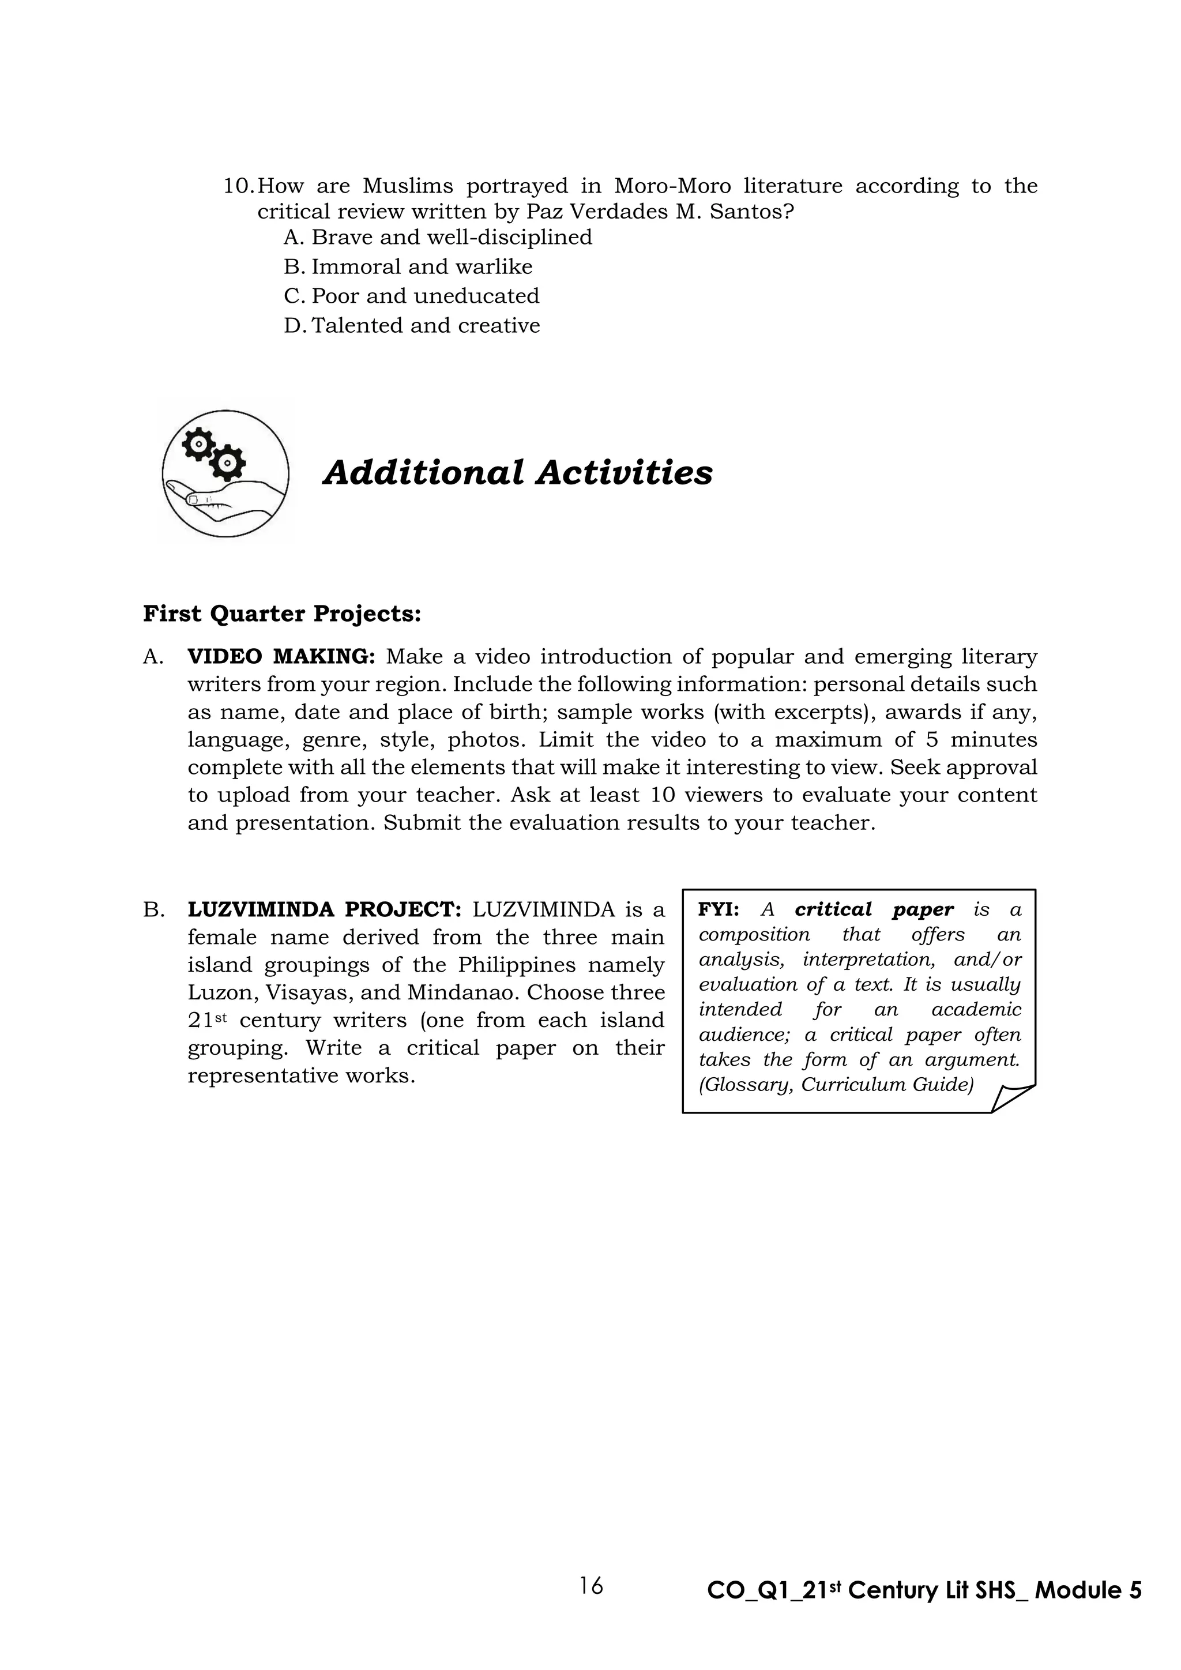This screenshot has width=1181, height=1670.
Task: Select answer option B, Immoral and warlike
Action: (421, 267)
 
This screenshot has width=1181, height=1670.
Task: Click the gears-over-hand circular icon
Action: (225, 473)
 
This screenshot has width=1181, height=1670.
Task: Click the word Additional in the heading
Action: (423, 473)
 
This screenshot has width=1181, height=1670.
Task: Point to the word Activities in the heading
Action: (625, 473)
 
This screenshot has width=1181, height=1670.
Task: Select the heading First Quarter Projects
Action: (282, 614)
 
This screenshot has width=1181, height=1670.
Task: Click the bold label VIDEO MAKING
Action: (281, 657)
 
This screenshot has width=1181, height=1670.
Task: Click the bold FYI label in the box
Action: (719, 910)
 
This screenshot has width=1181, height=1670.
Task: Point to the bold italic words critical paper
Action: (874, 910)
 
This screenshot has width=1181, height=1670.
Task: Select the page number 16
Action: (591, 1586)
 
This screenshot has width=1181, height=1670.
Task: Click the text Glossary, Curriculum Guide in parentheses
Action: (836, 1085)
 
